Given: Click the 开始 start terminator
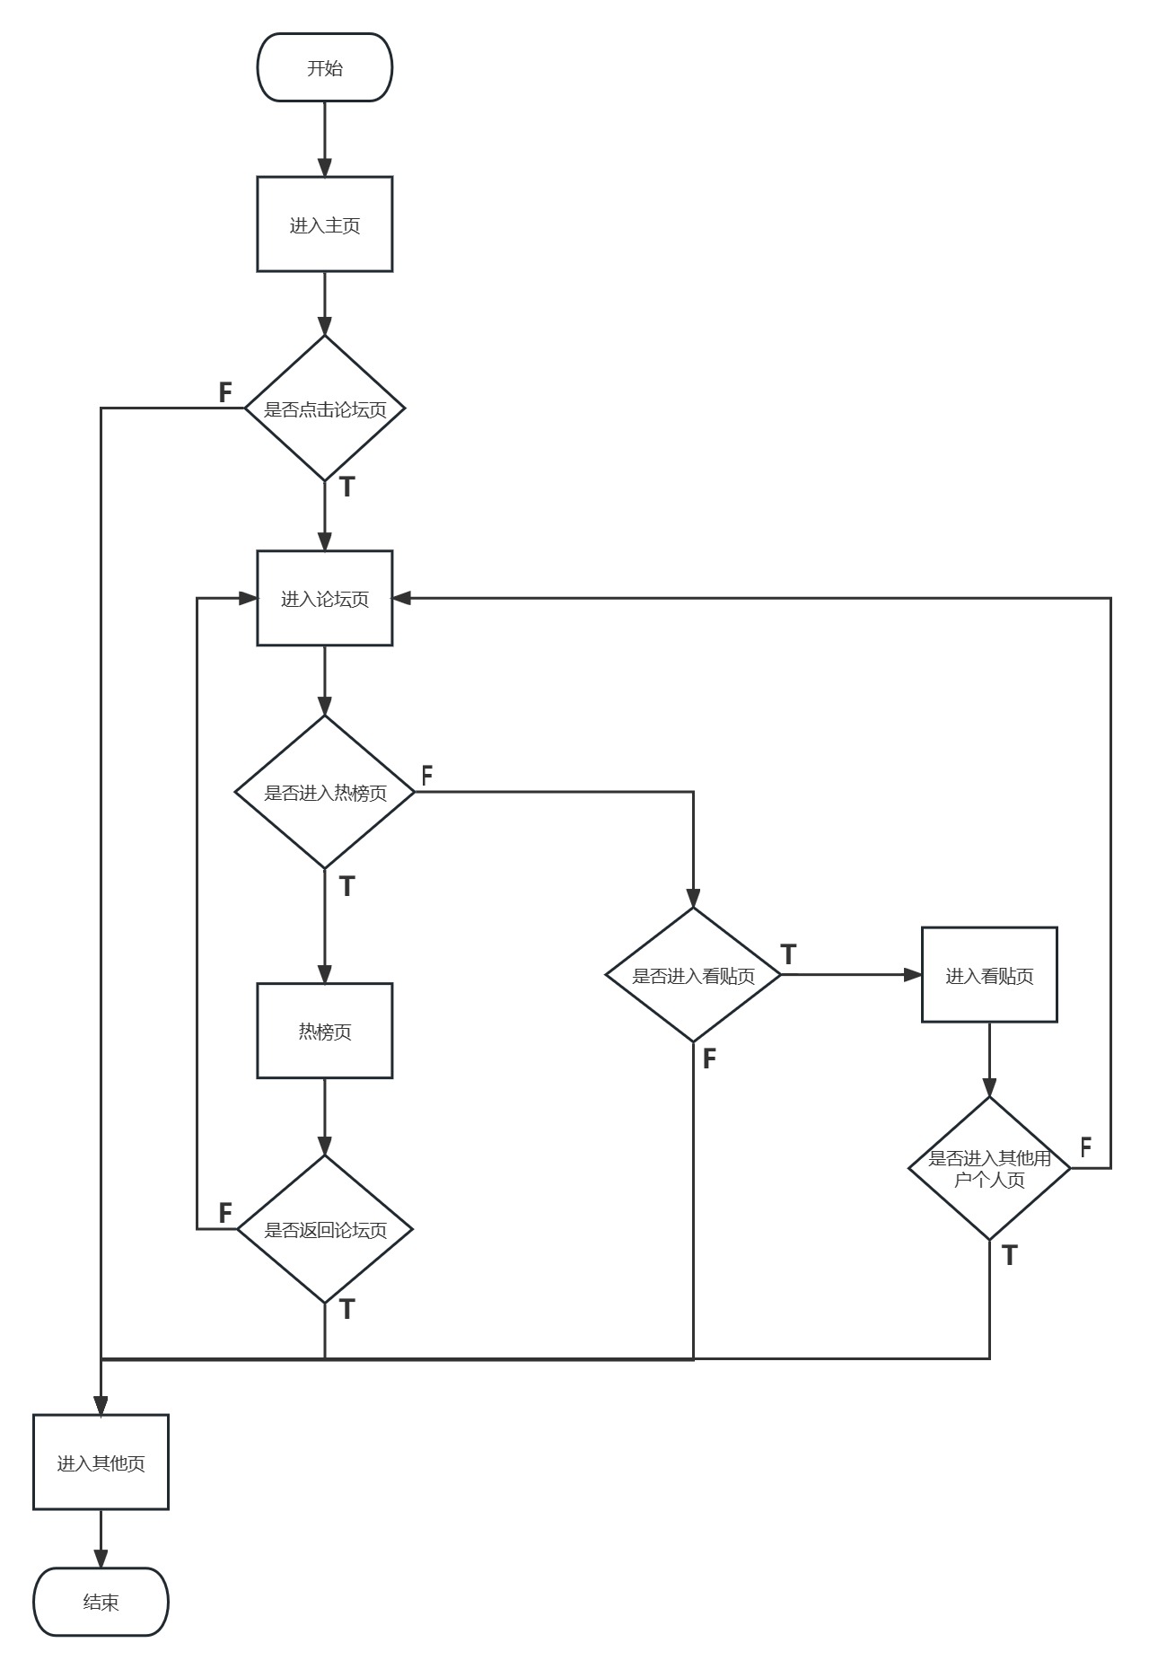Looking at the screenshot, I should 325,68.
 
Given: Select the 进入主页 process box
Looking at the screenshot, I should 325,224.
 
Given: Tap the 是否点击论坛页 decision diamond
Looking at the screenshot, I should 325,409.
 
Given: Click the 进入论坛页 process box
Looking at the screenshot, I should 325,599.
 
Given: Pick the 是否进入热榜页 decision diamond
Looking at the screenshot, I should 325,793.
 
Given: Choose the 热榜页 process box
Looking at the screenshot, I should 325,1032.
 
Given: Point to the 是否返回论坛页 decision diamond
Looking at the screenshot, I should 325,1230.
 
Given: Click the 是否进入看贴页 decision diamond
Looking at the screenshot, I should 694,976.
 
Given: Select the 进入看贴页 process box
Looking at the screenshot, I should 989,975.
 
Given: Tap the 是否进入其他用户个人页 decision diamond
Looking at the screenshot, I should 989,1169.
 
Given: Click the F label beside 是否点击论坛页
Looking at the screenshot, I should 225,392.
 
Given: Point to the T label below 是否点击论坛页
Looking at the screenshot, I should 347,488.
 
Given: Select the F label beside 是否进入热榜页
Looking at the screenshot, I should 427,776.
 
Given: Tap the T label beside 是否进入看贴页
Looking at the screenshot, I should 788,955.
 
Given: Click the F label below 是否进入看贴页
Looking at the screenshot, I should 709,1059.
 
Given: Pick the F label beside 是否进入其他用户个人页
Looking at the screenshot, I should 1086,1146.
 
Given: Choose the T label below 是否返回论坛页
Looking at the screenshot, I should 347,1310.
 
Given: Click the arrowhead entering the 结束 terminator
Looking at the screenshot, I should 101,1559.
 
